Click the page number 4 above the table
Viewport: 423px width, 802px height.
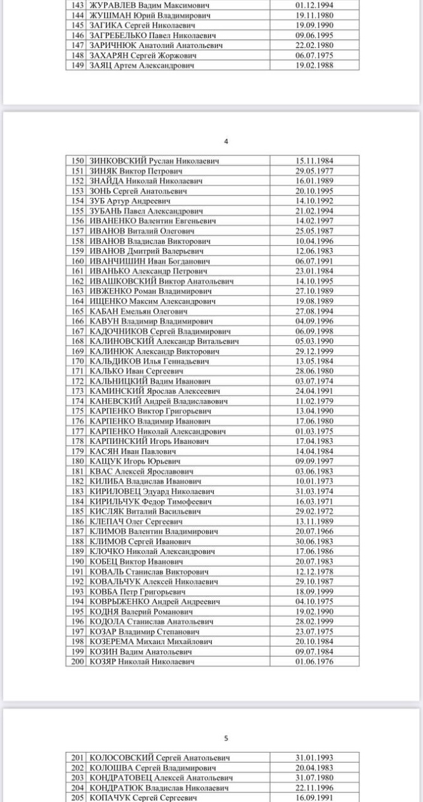(226, 141)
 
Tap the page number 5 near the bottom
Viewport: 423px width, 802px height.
(226, 738)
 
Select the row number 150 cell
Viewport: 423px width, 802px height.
(77, 161)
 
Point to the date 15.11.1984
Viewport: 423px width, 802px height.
(314, 161)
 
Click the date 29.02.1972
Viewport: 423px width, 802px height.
(314, 511)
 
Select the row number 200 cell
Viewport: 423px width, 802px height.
(77, 661)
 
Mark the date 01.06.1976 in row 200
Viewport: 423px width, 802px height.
(314, 661)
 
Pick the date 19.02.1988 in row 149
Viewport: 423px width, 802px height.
(314, 65)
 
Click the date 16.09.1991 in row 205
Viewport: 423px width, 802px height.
(314, 798)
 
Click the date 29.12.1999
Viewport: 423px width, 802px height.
(314, 351)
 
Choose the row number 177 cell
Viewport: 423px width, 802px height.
(77, 431)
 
